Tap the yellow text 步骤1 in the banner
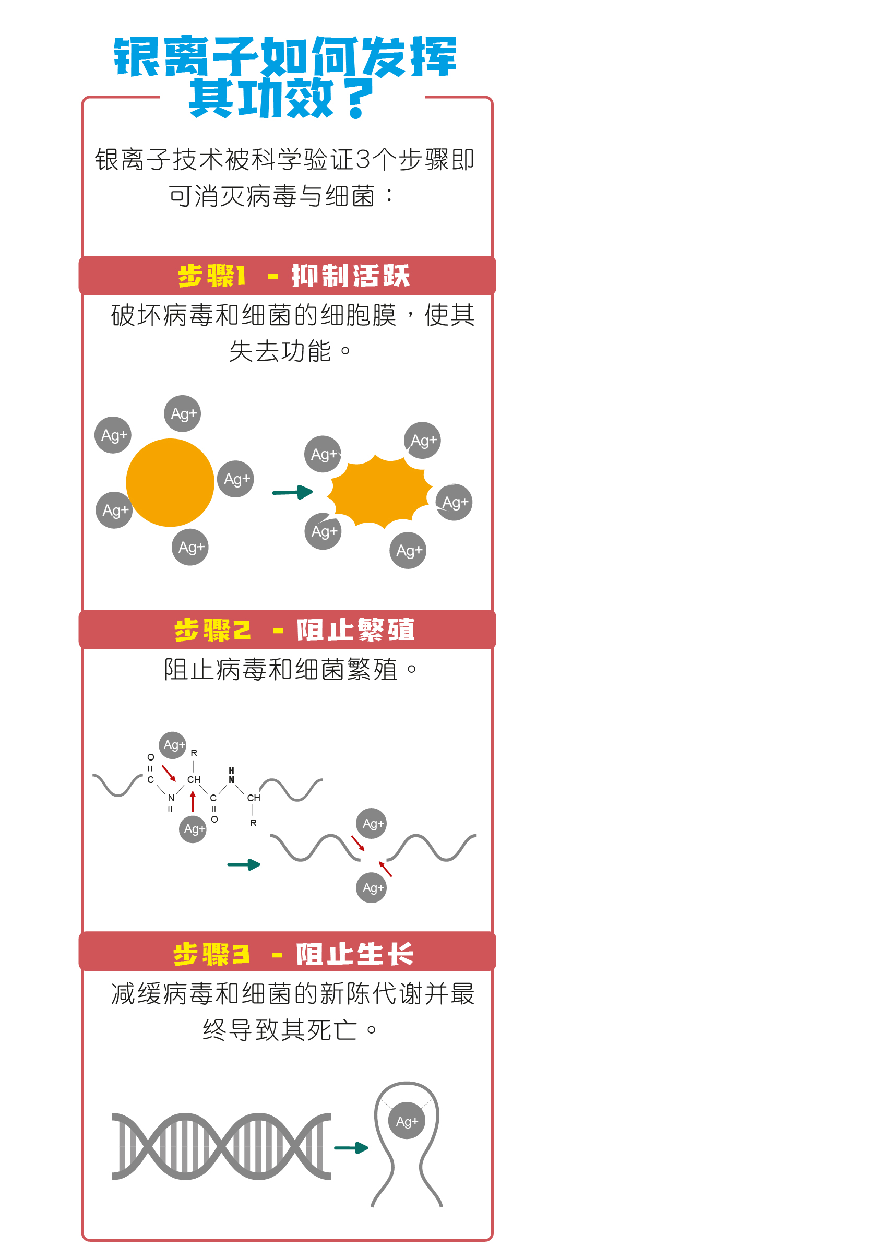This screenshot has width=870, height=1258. (212, 276)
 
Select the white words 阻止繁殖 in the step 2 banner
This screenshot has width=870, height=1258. (355, 630)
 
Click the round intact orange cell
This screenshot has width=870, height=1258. (170, 482)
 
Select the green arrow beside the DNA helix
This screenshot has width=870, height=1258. (351, 1148)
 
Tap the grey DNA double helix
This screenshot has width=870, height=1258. (221, 1146)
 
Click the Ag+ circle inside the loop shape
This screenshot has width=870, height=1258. (407, 1121)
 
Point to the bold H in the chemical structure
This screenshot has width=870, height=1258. (231, 770)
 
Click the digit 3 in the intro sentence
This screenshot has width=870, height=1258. (363, 160)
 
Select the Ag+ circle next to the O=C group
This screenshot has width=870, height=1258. (173, 745)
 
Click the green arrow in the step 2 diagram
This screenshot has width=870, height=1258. (244, 864)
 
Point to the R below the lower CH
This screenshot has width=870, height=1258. (253, 823)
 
